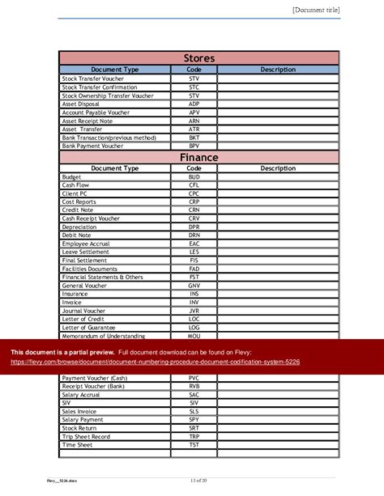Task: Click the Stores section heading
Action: (x=198, y=58)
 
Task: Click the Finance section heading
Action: (x=198, y=157)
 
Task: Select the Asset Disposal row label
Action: (x=80, y=104)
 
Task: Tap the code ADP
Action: (x=194, y=104)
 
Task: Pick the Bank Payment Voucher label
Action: (x=93, y=146)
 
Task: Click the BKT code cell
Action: (x=194, y=138)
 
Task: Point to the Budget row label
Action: (x=71, y=176)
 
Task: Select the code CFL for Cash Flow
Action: (x=194, y=184)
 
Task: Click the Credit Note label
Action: (x=79, y=210)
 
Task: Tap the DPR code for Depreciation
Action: (x=194, y=227)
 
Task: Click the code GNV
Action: (x=194, y=286)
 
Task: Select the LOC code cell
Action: (x=194, y=319)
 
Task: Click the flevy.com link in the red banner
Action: (x=155, y=362)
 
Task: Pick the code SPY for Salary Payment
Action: (x=194, y=419)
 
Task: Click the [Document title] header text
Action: (x=315, y=10)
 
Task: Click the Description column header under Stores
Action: (x=278, y=70)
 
